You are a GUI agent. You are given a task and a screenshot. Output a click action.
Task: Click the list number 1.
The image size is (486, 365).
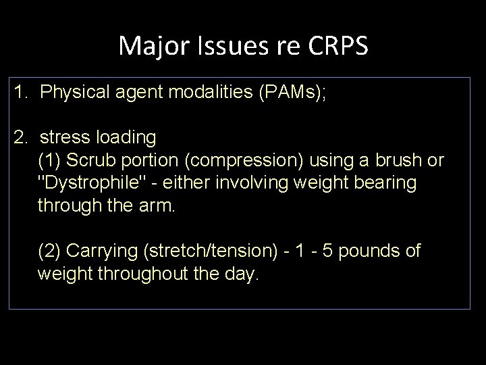pos(20,92)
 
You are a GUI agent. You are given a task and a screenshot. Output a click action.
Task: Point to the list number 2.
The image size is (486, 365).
pos(20,138)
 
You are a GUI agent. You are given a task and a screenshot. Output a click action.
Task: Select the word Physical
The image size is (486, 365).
pos(72,92)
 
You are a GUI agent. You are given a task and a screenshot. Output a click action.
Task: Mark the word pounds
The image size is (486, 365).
pos(368,251)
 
